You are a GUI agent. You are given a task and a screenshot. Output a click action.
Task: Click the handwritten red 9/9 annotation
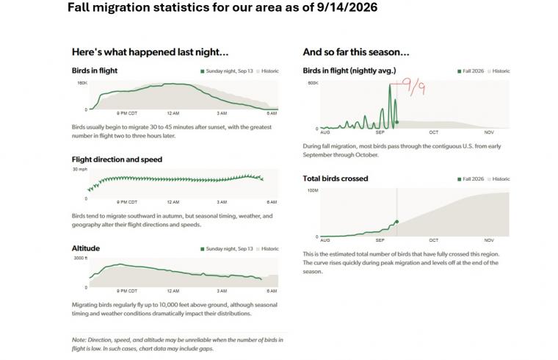pos(413,87)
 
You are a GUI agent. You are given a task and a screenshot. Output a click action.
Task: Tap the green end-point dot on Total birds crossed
pos(397,222)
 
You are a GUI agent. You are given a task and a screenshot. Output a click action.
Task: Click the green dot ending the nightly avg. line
pos(397,123)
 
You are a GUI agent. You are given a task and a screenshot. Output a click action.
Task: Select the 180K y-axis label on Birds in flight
pos(82,83)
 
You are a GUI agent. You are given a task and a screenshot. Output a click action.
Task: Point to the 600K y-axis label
pos(314,83)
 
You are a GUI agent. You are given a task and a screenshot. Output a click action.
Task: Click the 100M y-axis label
pos(313,190)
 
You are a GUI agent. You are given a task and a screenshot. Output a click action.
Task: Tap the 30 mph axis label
pos(80,169)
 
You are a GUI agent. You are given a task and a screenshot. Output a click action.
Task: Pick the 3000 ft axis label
pos(81,258)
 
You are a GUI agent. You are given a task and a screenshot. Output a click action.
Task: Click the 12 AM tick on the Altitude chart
pos(173,291)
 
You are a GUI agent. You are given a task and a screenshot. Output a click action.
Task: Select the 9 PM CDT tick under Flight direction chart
pos(127,202)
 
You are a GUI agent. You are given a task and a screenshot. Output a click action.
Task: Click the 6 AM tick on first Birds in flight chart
pos(272,113)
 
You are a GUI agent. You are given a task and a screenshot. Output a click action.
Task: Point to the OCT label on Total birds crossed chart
pos(434,240)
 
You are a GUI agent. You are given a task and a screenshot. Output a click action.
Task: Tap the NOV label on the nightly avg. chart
pos(489,132)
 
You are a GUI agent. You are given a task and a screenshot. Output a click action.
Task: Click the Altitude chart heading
pos(86,248)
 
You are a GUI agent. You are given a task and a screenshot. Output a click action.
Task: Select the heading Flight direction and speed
pos(117,159)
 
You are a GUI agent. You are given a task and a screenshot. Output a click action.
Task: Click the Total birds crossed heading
pos(336,179)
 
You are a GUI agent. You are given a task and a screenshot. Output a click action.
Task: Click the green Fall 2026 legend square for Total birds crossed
pos(459,179)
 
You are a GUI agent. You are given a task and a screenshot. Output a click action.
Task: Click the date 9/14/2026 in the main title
pos(347,7)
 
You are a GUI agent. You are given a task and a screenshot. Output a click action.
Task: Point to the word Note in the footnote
pos(79,340)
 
